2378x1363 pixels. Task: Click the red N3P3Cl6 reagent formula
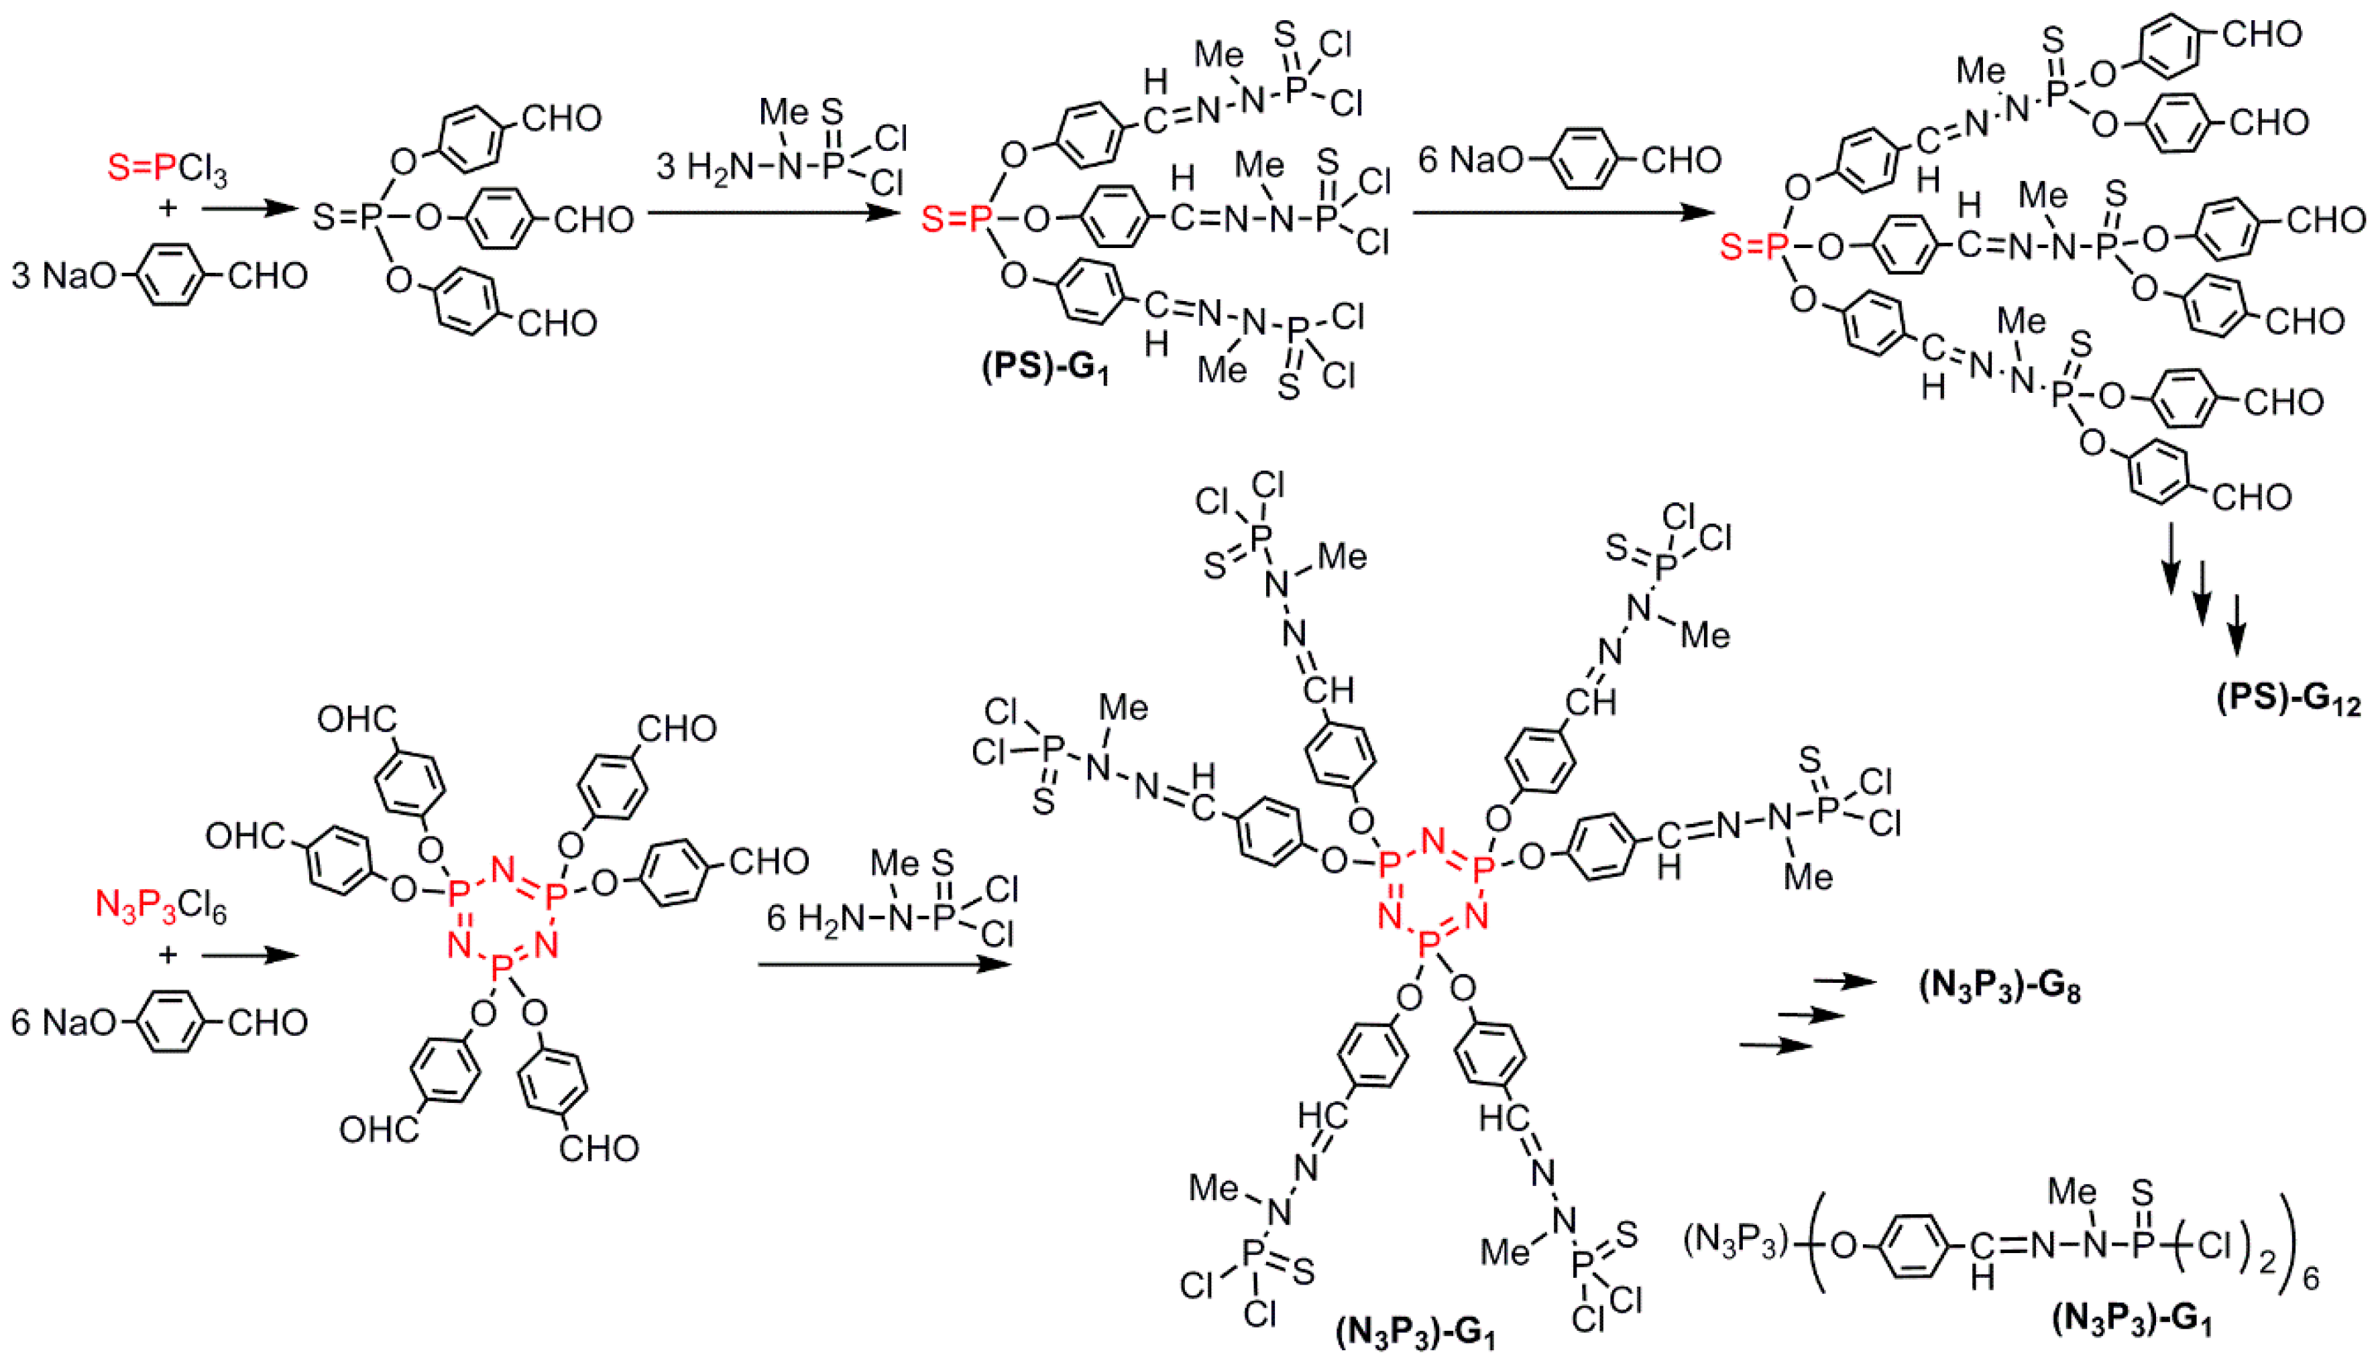pos(161,906)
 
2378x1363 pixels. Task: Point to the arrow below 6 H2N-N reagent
pos(885,963)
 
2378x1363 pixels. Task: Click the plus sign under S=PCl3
pos(168,207)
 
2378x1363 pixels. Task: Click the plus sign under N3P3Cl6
pos(168,955)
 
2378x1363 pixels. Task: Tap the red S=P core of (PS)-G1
pos(956,220)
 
